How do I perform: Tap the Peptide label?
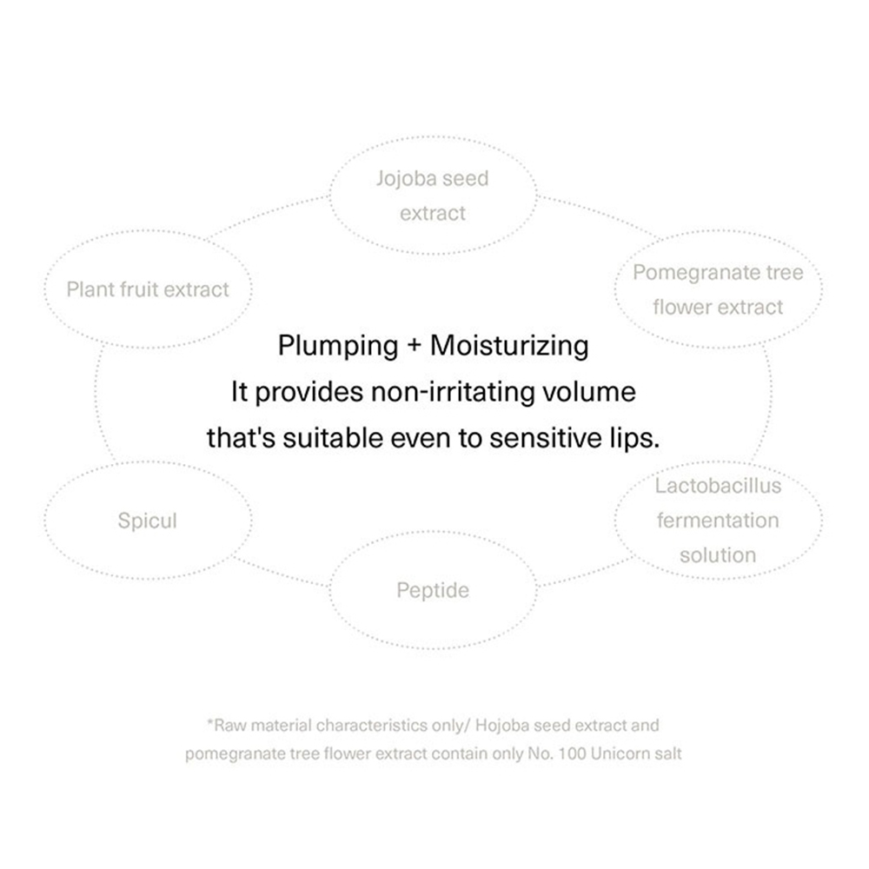[x=433, y=591]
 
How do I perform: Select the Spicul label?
[x=148, y=521]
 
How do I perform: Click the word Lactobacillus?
[x=719, y=486]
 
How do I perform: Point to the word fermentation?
[x=719, y=521]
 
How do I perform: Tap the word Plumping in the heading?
[x=338, y=347]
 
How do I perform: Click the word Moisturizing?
[x=509, y=347]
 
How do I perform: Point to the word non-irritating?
[x=453, y=393]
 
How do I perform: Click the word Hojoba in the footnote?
[x=501, y=726]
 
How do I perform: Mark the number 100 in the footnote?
[x=572, y=754]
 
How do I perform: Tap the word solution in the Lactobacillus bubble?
[x=719, y=555]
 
